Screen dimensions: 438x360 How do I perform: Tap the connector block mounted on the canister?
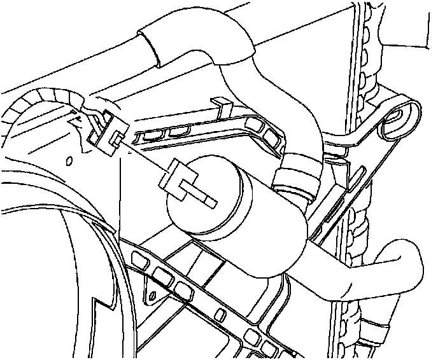pos(174,178)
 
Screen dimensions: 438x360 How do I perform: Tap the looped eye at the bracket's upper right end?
pos(399,118)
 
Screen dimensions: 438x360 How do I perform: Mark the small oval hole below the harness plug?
pos(69,160)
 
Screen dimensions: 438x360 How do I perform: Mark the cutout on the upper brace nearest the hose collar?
pos(272,136)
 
